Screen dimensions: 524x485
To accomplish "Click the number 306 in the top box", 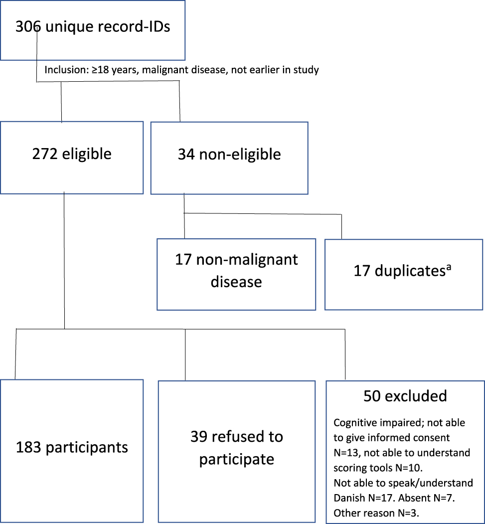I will coord(29,26).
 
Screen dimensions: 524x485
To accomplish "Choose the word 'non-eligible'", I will coord(240,154).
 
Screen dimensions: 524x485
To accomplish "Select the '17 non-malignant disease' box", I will coord(236,274).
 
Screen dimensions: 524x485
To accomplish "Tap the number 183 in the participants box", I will coord(28,447).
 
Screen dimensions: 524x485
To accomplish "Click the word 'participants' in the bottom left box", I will coord(87,447).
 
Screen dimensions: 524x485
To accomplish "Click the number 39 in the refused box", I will coord(199,437).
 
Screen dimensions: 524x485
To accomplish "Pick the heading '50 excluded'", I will coord(405,396).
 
